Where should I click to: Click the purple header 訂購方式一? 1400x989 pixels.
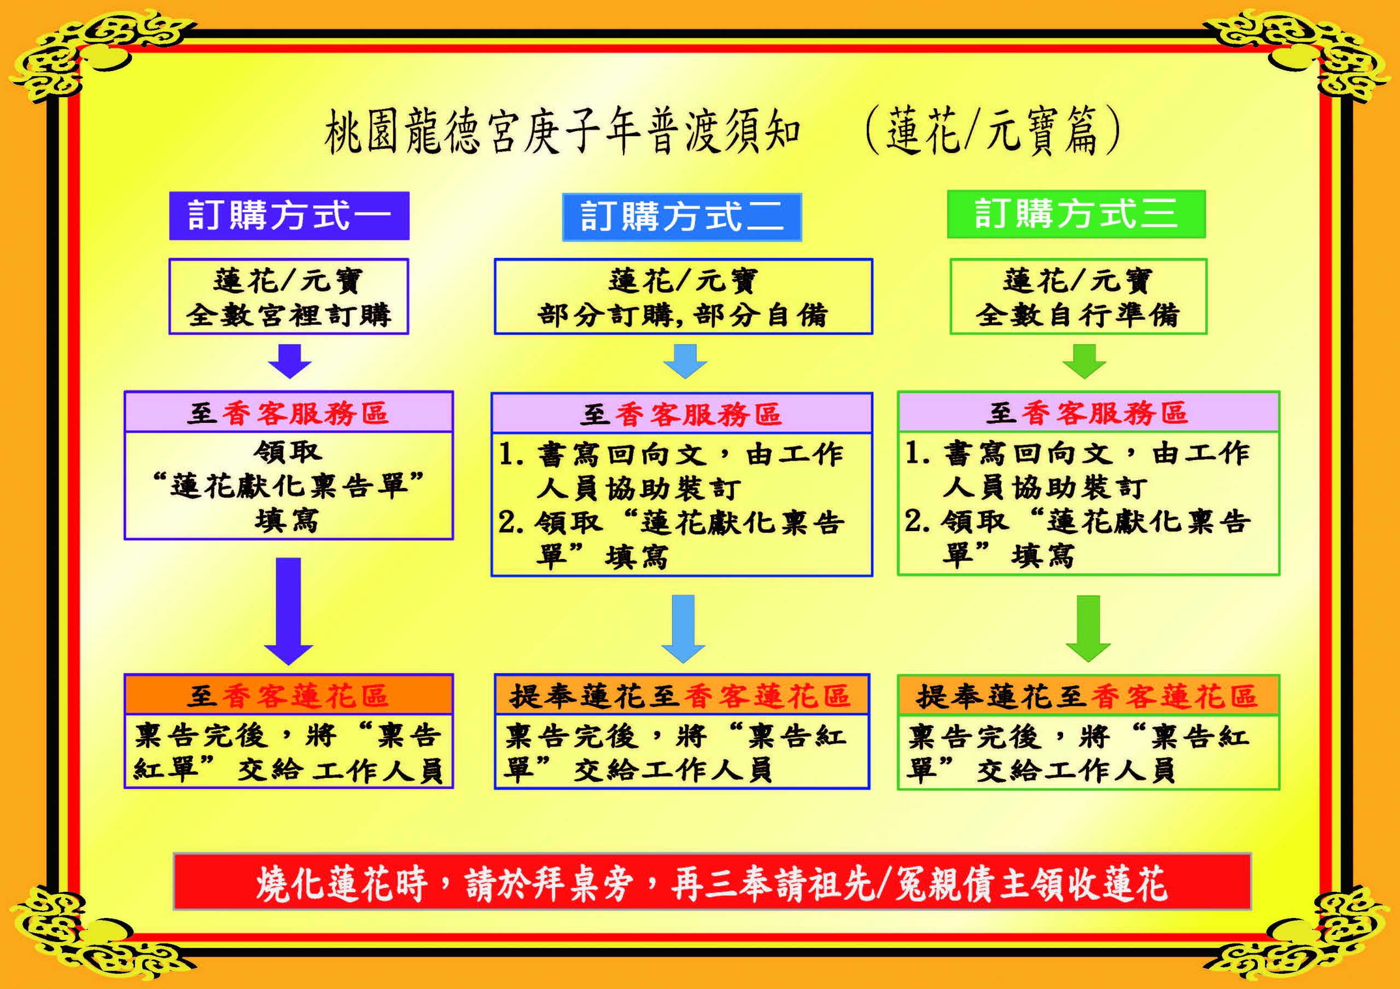pyautogui.click(x=289, y=216)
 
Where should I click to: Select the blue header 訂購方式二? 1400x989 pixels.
pyautogui.click(x=682, y=217)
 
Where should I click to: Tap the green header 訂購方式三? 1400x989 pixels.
pyautogui.click(x=1076, y=214)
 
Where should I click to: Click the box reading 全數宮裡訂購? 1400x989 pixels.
pyautogui.click(x=288, y=297)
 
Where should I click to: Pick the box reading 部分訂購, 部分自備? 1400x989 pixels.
pyautogui.click(x=684, y=297)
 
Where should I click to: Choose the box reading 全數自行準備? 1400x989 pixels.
pyautogui.click(x=1078, y=297)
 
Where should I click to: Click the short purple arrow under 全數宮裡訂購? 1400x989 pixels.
pyautogui.click(x=290, y=361)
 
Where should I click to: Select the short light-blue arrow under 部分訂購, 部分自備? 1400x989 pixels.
pyautogui.click(x=685, y=361)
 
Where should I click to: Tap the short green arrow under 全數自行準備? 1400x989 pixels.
pyautogui.click(x=1084, y=361)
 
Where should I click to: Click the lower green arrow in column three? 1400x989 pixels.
pyautogui.click(x=1088, y=629)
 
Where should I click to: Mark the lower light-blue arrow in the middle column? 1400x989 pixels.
pyautogui.click(x=683, y=629)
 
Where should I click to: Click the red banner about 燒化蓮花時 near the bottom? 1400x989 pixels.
pyautogui.click(x=712, y=882)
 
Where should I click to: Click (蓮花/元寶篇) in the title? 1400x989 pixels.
pyautogui.click(x=992, y=132)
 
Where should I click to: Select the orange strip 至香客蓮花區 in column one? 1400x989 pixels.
pyautogui.click(x=288, y=694)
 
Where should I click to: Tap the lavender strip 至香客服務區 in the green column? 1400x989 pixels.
pyautogui.click(x=1088, y=412)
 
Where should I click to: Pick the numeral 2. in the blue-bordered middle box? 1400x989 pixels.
pyautogui.click(x=511, y=523)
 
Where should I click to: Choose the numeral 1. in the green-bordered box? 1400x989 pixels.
pyautogui.click(x=917, y=454)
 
